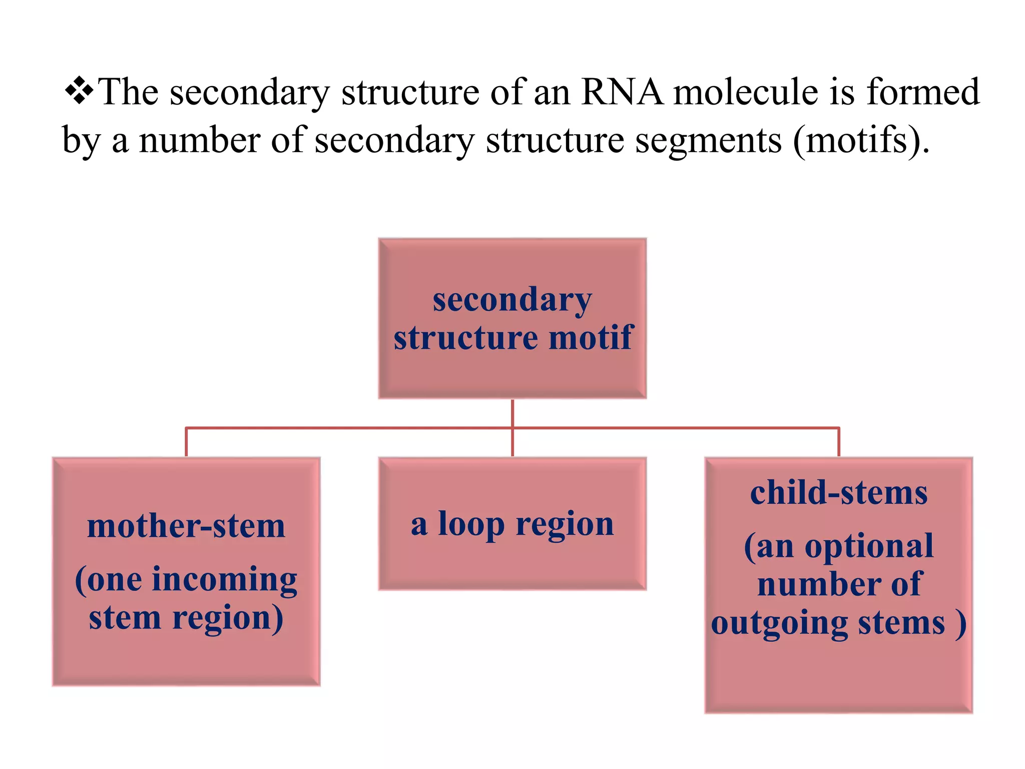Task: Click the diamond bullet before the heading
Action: pyautogui.click(x=79, y=91)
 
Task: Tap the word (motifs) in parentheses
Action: pyautogui.click(x=857, y=141)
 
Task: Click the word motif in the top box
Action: pyautogui.click(x=591, y=337)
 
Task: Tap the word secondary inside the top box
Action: pyautogui.click(x=512, y=300)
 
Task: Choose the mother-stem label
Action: pyautogui.click(x=186, y=527)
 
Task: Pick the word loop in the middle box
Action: pyautogui.click(x=470, y=525)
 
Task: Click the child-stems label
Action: pyautogui.click(x=839, y=493)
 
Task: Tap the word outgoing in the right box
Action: pyautogui.click(x=779, y=623)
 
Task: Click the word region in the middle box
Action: pyautogui.click(x=564, y=525)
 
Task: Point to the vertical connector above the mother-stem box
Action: pyautogui.click(x=186, y=442)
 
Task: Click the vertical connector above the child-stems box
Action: pyautogui.click(x=839, y=442)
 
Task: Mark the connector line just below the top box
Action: pyautogui.click(x=512, y=414)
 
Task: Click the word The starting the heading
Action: pyautogui.click(x=129, y=92)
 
